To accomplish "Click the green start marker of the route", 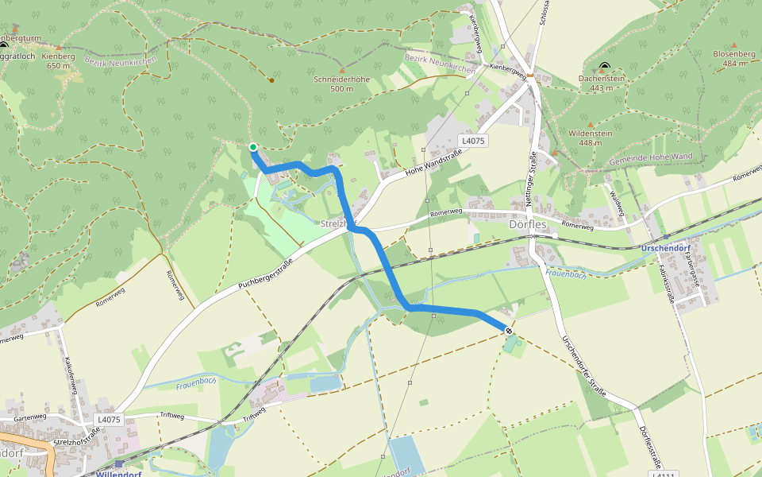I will [x=252, y=147].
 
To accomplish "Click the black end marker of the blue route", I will [x=508, y=331].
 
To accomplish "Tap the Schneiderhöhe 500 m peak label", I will [x=341, y=83].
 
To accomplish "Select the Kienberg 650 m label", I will [x=58, y=61].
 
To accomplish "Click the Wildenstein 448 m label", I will [x=591, y=138].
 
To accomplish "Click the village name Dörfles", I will [x=528, y=224].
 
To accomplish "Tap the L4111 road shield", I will [x=663, y=475].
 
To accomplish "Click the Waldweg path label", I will [x=614, y=202].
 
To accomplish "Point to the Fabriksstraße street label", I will [x=670, y=285].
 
